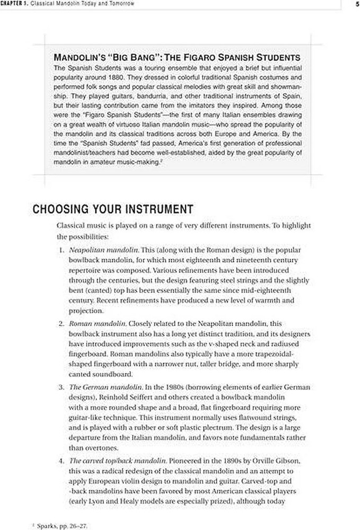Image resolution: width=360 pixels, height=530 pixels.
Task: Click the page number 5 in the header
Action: coord(357,4)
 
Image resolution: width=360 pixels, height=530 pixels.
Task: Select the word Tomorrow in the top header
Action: coord(120,4)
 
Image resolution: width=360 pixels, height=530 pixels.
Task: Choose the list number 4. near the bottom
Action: coord(62,461)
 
